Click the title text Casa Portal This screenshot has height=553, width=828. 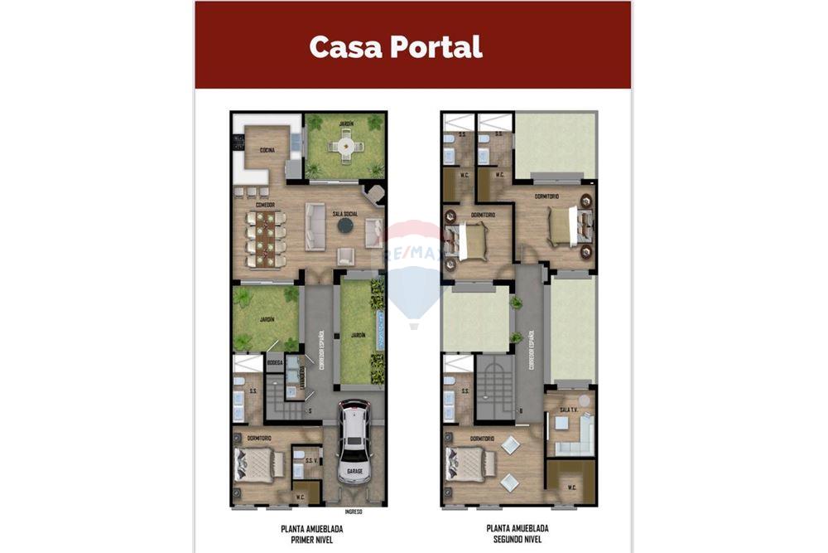coord(396,46)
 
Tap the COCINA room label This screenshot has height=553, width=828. coord(267,150)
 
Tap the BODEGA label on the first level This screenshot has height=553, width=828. coord(275,362)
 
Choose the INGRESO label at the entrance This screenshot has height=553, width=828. coord(354,512)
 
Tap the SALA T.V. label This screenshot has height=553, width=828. coord(567,410)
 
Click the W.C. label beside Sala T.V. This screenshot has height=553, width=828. coord(572,488)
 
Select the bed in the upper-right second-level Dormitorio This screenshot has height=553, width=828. coord(565,226)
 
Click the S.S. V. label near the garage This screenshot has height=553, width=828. coord(311,460)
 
